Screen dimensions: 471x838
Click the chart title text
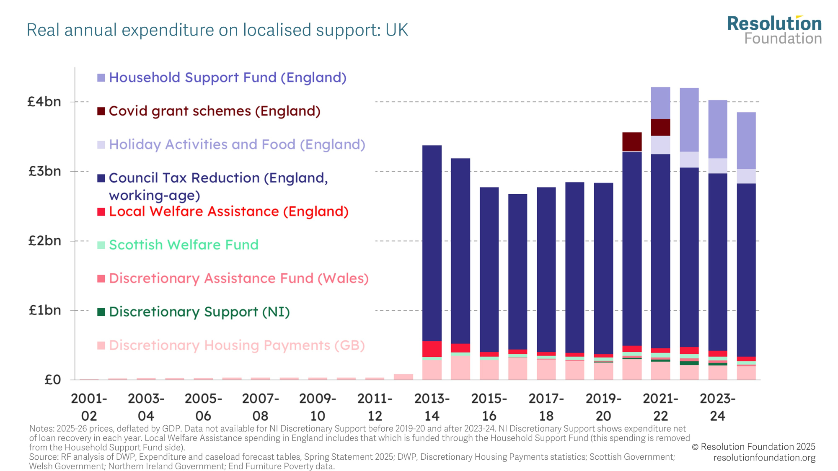pos(217,30)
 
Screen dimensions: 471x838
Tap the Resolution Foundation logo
pos(774,30)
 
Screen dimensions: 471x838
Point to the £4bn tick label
pos(44,102)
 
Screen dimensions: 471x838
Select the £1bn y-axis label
pos(44,310)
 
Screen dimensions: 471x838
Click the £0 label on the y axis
pos(52,380)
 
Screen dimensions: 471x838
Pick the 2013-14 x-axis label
pos(432,407)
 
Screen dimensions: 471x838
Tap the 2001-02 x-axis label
pos(89,407)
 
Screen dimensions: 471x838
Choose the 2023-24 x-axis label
pos(717,407)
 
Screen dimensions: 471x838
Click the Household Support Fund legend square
pos(101,78)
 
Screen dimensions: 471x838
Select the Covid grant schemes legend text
pos(215,111)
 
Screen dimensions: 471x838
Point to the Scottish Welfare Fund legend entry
pos(184,245)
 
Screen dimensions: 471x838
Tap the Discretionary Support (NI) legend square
pos(101,312)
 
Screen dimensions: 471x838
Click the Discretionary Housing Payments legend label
pos(237,345)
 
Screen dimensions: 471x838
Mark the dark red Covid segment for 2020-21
pos(632,142)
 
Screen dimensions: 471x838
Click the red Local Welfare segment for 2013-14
pos(432,349)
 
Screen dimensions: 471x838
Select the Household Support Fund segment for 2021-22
pos(660,103)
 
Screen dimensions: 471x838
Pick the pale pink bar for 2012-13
pos(403,377)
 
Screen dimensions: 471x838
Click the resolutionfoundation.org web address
pos(764,458)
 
